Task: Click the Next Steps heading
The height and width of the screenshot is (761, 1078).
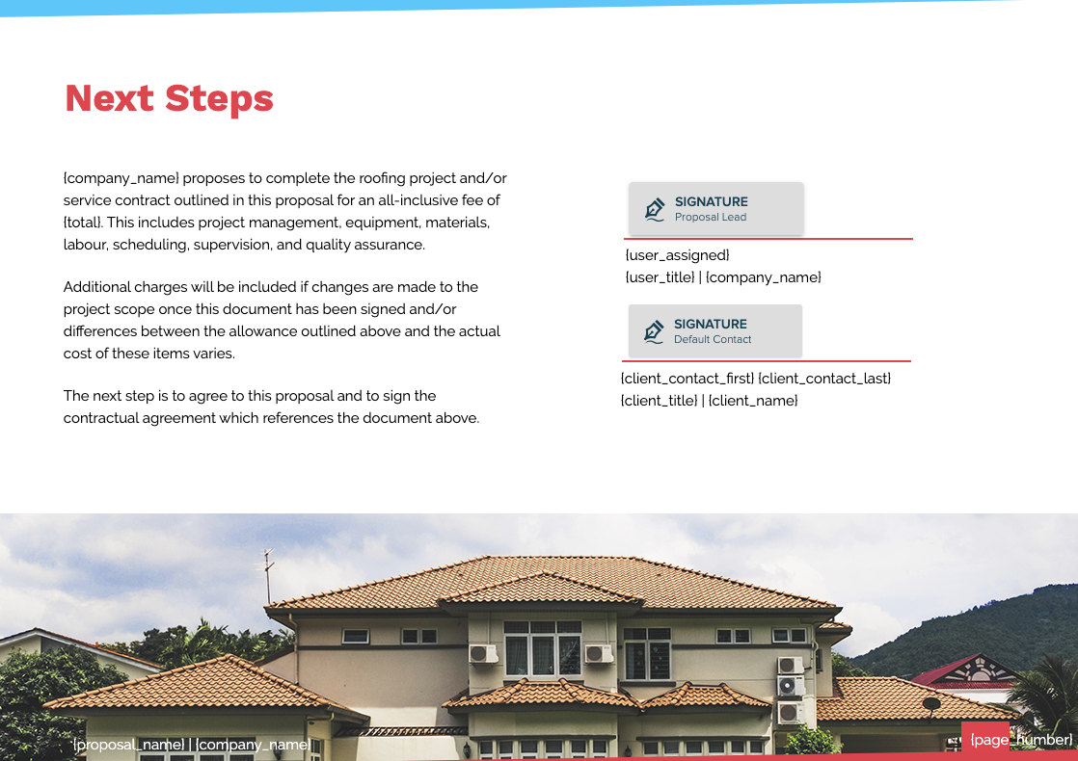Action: pos(169,98)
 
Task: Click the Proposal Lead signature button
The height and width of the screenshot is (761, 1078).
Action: pos(715,208)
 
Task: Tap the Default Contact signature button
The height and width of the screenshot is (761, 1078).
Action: pos(714,330)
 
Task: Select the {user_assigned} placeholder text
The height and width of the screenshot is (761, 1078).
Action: pos(677,255)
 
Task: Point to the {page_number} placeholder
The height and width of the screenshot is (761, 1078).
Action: pos(1021,740)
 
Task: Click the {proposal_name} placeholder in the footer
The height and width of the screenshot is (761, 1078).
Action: pos(128,745)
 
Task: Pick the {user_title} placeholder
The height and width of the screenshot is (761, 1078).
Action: pos(660,277)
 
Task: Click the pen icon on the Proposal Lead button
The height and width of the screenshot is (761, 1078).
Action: pos(655,209)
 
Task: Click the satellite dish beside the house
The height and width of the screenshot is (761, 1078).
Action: pos(931,703)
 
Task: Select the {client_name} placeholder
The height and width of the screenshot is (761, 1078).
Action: pos(753,401)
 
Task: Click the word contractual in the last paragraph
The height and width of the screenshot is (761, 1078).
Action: pos(108,418)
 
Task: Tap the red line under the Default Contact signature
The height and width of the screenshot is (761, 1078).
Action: pos(767,361)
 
